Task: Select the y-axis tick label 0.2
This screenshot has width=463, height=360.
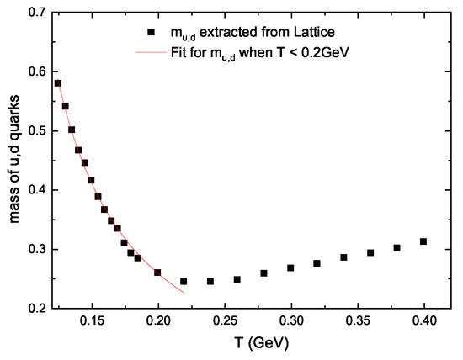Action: (36, 309)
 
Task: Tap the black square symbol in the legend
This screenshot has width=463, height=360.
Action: (152, 33)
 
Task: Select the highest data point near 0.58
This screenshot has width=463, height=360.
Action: (58, 83)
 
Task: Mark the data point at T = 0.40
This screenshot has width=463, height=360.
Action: (423, 241)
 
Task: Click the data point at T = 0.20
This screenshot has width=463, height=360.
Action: (157, 273)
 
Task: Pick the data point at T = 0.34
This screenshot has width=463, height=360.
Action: (343, 257)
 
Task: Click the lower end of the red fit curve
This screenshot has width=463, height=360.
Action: (184, 292)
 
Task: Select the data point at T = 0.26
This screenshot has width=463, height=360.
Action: (237, 279)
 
